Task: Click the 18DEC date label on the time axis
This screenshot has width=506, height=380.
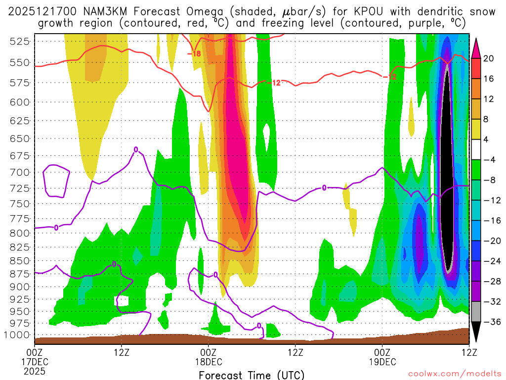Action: click(209, 361)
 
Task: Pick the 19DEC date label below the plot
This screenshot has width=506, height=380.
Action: click(382, 361)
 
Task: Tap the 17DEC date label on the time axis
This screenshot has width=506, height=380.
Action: click(35, 361)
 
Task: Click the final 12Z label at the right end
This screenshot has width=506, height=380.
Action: click(468, 352)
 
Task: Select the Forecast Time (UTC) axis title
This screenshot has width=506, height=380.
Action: click(252, 375)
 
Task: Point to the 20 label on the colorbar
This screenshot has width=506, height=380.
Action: click(489, 58)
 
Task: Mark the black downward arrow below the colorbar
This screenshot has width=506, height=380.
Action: click(477, 332)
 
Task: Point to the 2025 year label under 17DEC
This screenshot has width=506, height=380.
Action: click(35, 371)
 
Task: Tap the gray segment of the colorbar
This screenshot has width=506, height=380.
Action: click(477, 312)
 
